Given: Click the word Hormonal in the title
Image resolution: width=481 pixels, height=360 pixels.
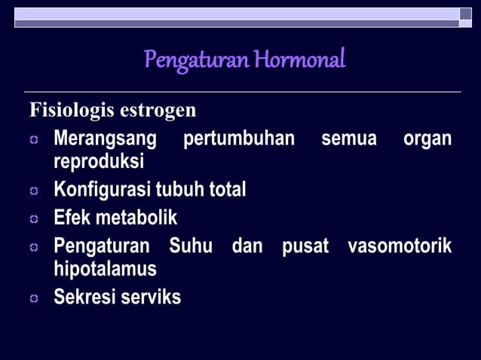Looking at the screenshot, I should click(x=299, y=58).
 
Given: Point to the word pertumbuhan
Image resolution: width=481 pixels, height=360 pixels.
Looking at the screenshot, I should click(x=239, y=139).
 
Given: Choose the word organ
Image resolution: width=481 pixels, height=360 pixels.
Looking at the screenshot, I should click(x=427, y=139).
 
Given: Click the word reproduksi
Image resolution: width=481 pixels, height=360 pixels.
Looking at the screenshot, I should click(x=99, y=161).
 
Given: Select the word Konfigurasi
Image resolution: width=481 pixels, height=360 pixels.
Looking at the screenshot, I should click(x=100, y=190).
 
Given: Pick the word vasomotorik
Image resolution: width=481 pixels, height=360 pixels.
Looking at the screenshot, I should click(x=400, y=246).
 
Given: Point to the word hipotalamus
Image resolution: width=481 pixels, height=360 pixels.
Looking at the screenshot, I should click(x=105, y=269).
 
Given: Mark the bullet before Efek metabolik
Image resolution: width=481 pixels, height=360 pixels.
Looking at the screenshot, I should click(x=34, y=220).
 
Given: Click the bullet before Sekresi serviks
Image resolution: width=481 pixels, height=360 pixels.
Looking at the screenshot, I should click(x=34, y=299).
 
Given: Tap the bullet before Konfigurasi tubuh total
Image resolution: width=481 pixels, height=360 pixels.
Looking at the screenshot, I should click(x=34, y=191).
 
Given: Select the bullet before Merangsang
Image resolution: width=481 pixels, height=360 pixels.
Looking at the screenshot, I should click(x=34, y=141).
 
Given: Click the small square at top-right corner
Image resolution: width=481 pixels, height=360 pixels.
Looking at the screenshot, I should click(x=466, y=14).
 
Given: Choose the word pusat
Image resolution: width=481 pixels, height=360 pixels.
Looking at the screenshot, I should click(x=305, y=246).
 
